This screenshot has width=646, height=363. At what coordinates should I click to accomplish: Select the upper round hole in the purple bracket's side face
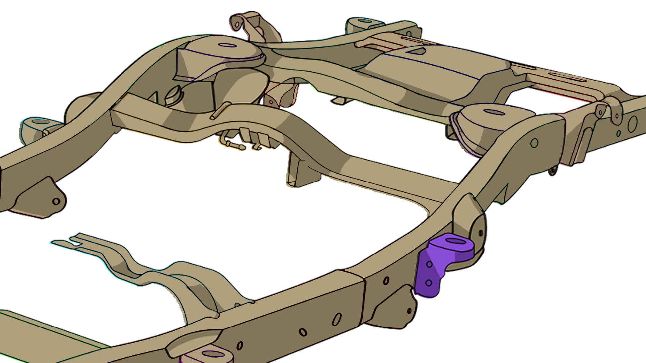point(429,264)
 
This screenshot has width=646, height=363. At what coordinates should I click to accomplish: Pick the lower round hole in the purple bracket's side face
point(429,283)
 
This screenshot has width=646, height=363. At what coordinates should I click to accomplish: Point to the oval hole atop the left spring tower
point(226,45)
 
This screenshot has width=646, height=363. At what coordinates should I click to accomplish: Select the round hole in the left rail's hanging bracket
point(56,201)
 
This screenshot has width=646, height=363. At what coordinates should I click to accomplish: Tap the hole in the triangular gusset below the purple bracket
point(409,311)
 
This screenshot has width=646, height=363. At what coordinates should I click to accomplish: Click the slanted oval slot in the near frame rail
point(337,319)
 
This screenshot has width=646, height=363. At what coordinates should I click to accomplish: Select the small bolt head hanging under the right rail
point(553,171)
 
